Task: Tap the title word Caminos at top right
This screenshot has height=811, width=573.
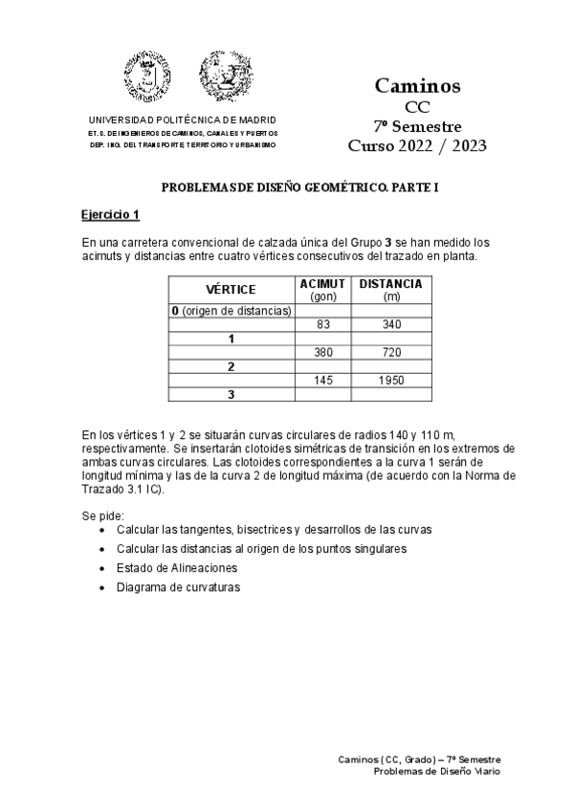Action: [x=417, y=86]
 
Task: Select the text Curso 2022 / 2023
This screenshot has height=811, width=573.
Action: [x=417, y=145]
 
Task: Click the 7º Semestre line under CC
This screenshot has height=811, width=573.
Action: [x=417, y=126]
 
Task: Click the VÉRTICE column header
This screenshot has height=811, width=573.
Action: [x=231, y=290]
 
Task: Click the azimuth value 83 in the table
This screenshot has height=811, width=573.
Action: [x=322, y=324]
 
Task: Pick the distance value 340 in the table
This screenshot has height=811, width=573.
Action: [x=390, y=324]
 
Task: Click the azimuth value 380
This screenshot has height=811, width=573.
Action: [x=322, y=352]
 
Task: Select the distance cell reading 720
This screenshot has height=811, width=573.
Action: [x=390, y=352]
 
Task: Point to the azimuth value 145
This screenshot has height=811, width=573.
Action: [x=322, y=380]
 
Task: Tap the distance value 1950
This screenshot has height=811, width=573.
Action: [x=390, y=380]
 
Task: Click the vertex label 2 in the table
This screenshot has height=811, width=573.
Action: [x=231, y=366]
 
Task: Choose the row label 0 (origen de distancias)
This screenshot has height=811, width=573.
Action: [x=231, y=311]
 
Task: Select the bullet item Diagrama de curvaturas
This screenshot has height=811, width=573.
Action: [x=178, y=587]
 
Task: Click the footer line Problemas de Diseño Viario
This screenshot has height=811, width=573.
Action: [x=436, y=770]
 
